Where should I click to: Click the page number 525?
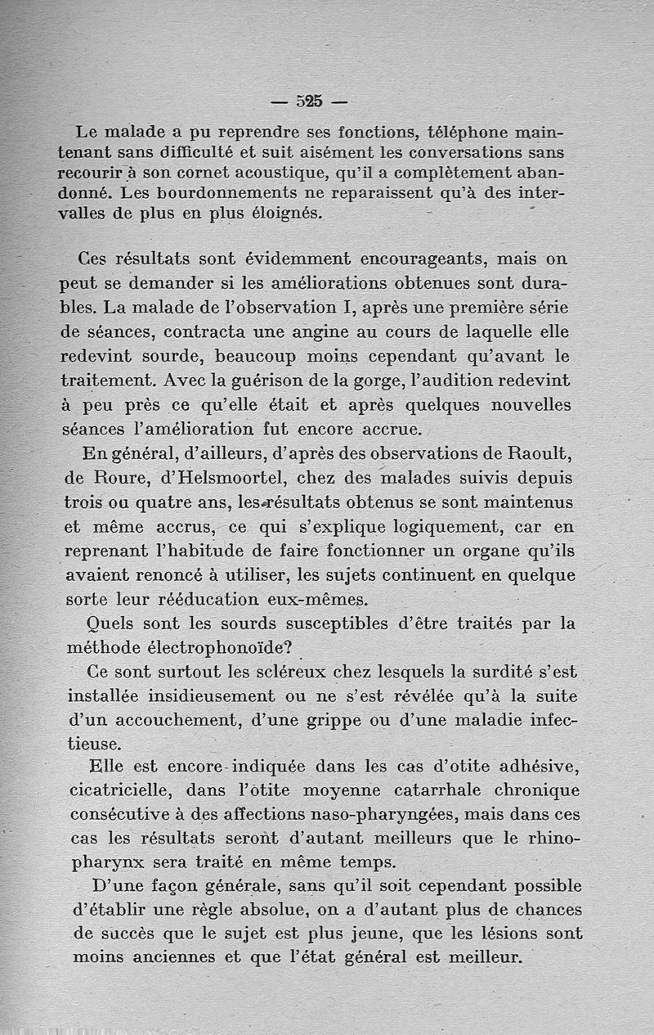tap(310, 101)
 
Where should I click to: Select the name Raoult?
tap(532, 452)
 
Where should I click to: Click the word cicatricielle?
tap(120, 790)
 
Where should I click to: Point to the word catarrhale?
tap(416, 790)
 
